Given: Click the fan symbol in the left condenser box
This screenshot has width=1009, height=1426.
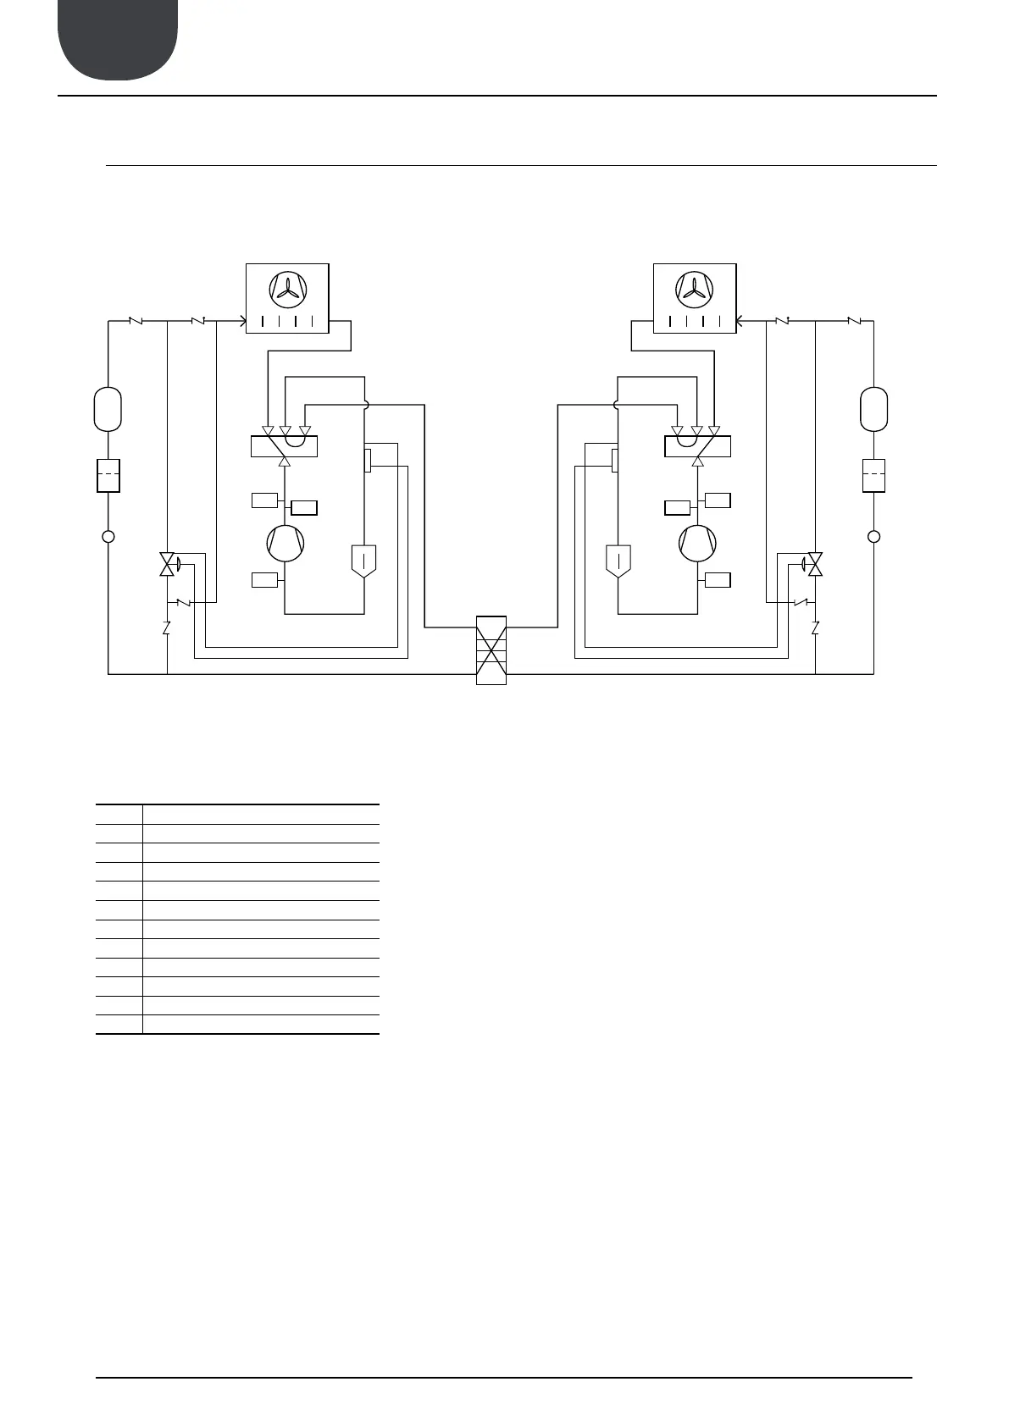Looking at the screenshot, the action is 287,288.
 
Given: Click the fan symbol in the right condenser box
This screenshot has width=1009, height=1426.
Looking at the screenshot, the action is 694,288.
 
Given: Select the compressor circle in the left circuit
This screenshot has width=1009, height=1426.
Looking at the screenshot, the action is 285,543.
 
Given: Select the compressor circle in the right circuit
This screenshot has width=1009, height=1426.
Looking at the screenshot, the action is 697,543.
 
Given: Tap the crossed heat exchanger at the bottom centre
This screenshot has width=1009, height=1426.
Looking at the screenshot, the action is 491,650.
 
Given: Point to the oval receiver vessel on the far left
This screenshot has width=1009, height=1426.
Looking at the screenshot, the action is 108,409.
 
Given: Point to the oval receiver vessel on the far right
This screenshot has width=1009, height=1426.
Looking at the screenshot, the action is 873,409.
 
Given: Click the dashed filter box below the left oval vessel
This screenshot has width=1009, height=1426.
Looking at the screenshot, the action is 108,475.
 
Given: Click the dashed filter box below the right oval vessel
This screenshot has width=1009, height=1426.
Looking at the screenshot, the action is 873,475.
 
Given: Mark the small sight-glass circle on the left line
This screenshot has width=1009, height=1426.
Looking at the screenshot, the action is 108,536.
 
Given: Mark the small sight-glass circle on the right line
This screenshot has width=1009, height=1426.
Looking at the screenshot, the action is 874,536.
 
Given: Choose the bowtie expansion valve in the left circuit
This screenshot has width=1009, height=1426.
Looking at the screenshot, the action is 168,564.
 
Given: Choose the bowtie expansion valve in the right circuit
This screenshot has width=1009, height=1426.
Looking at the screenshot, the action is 815,564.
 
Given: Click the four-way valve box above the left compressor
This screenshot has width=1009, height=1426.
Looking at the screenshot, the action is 284,446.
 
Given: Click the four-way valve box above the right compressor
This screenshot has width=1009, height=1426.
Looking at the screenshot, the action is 697,446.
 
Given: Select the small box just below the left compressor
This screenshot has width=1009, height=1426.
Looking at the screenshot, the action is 264,580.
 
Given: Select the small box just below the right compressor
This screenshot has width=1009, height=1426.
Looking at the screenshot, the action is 718,580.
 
